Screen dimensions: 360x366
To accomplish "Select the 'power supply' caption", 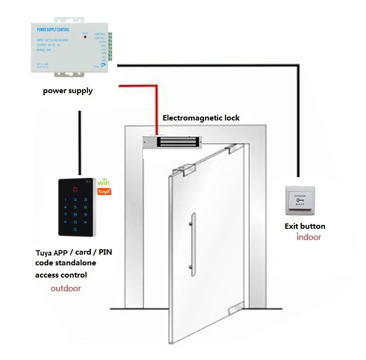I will [68, 91].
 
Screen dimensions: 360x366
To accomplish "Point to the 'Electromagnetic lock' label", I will [201, 118].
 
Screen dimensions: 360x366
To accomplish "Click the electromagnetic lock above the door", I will [171, 142].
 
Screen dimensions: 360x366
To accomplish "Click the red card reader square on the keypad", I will [75, 189].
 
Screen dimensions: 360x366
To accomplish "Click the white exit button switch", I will [299, 200].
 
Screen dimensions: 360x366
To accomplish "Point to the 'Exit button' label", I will [305, 226].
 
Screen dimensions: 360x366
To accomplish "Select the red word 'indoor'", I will [309, 238].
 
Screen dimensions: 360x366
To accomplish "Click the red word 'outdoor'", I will [66, 288].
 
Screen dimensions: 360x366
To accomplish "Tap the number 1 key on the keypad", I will [64, 199].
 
